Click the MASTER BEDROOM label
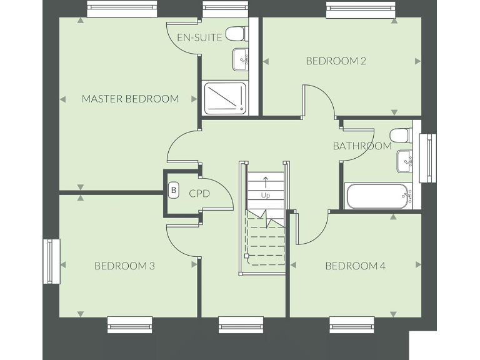click(x=130, y=99)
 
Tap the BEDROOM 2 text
click(x=336, y=61)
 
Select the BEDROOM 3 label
click(x=124, y=266)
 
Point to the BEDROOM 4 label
click(x=355, y=266)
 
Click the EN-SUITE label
click(x=199, y=37)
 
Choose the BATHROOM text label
click(x=362, y=146)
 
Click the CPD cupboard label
click(x=199, y=194)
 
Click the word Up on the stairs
click(x=266, y=196)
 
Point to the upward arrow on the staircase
click(x=266, y=182)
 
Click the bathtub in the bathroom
click(x=379, y=196)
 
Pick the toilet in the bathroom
click(x=399, y=134)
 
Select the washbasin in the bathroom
click(x=404, y=162)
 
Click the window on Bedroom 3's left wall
click(x=51, y=261)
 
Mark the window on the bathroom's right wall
click(x=429, y=158)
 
